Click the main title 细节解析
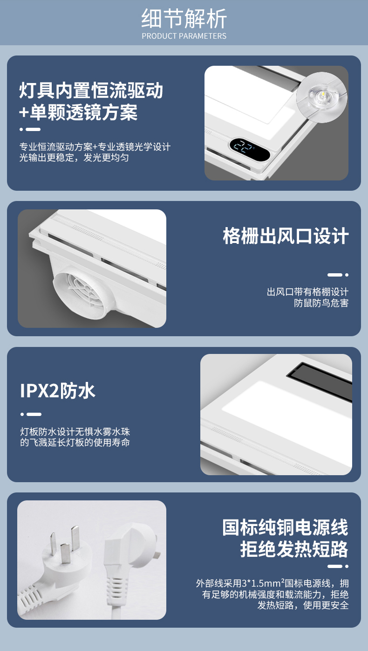[184, 19]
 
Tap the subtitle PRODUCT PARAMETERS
[184, 36]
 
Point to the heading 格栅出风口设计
[286, 235]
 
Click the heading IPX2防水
[57, 390]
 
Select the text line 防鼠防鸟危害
[321, 303]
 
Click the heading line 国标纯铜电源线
[285, 527]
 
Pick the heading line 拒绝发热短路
[294, 549]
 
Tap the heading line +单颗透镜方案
[78, 112]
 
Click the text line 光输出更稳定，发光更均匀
[74, 158]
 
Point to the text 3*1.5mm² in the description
[263, 583]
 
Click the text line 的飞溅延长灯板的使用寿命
[75, 443]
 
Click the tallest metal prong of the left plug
[75, 538]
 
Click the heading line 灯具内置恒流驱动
[91, 90]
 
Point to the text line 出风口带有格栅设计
[307, 292]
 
